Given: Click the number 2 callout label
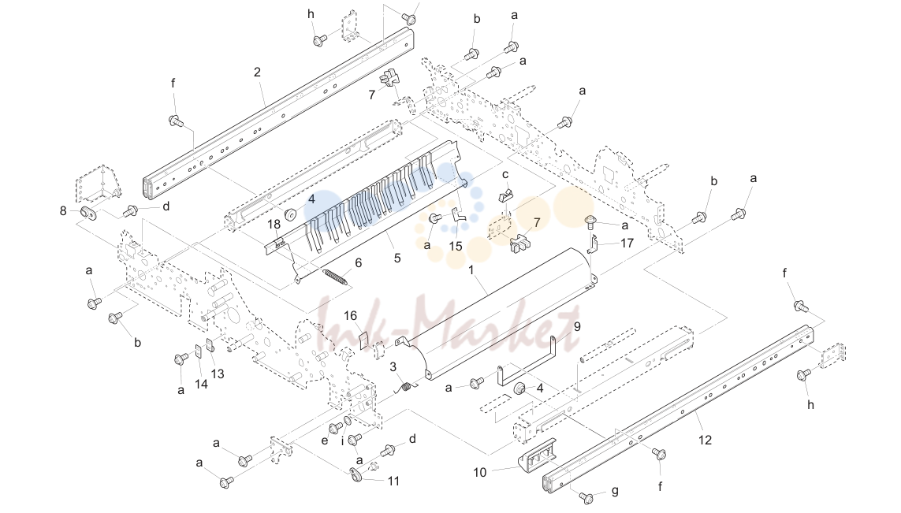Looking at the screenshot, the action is pyautogui.click(x=257, y=72).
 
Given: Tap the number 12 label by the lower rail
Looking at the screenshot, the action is pyautogui.click(x=705, y=440).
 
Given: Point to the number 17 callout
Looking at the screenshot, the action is pyautogui.click(x=627, y=243).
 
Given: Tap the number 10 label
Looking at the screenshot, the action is pyautogui.click(x=480, y=472).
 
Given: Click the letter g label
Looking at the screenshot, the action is pyautogui.click(x=616, y=491).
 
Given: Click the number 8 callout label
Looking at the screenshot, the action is pyautogui.click(x=63, y=211).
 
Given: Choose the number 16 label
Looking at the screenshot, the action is pyautogui.click(x=350, y=316).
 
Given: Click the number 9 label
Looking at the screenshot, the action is pyautogui.click(x=577, y=326).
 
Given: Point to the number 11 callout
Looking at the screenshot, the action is pyautogui.click(x=393, y=481).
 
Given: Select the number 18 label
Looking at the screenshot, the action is pyautogui.click(x=274, y=224).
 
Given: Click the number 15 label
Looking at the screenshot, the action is pyautogui.click(x=456, y=247).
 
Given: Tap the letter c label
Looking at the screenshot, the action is pyautogui.click(x=505, y=175).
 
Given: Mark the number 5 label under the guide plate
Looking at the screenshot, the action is pyautogui.click(x=397, y=258).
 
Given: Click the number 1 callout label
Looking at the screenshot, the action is pyautogui.click(x=471, y=270).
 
